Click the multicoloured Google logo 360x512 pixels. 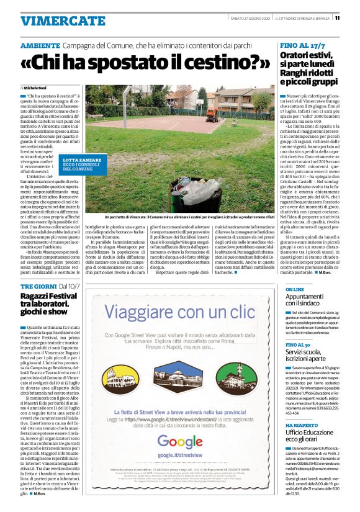pos(180,442)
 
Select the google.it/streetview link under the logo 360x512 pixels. pos(180,456)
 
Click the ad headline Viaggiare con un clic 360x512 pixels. pos(180,311)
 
